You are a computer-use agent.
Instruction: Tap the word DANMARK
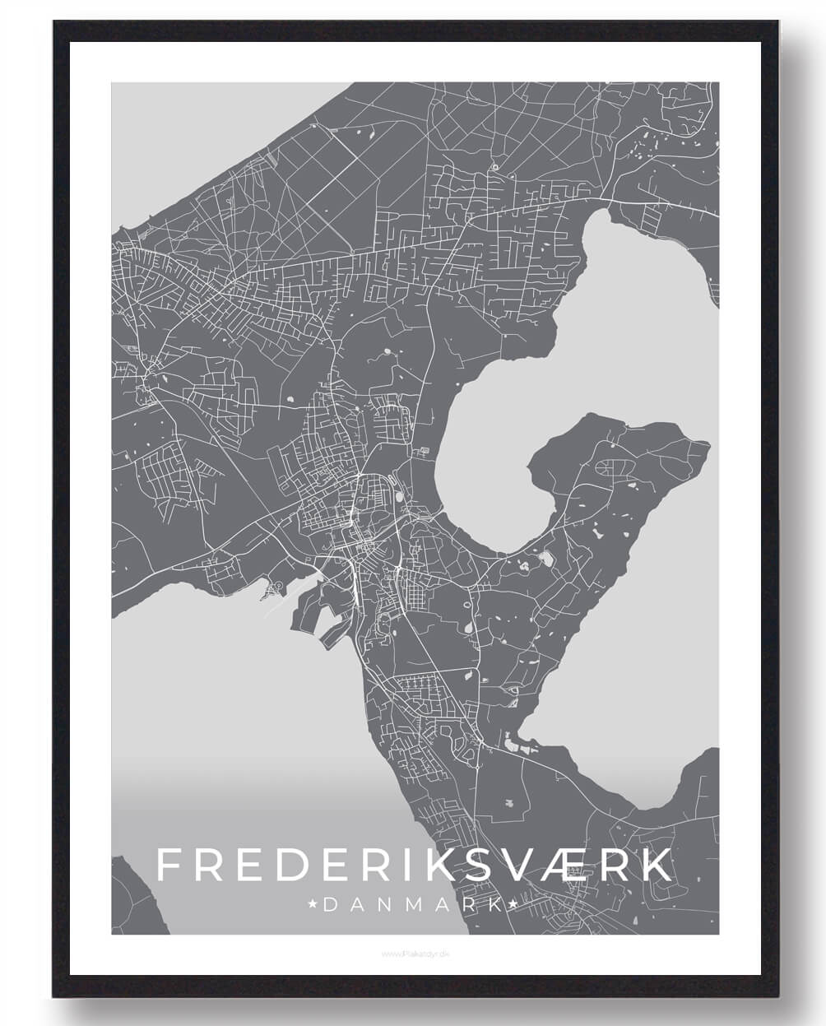pos(413,905)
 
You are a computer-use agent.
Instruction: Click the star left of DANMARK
pos(313,905)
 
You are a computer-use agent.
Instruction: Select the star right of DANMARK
pos(515,905)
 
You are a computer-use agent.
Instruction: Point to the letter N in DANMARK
pos(384,905)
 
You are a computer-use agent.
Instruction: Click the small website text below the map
pos(413,954)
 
